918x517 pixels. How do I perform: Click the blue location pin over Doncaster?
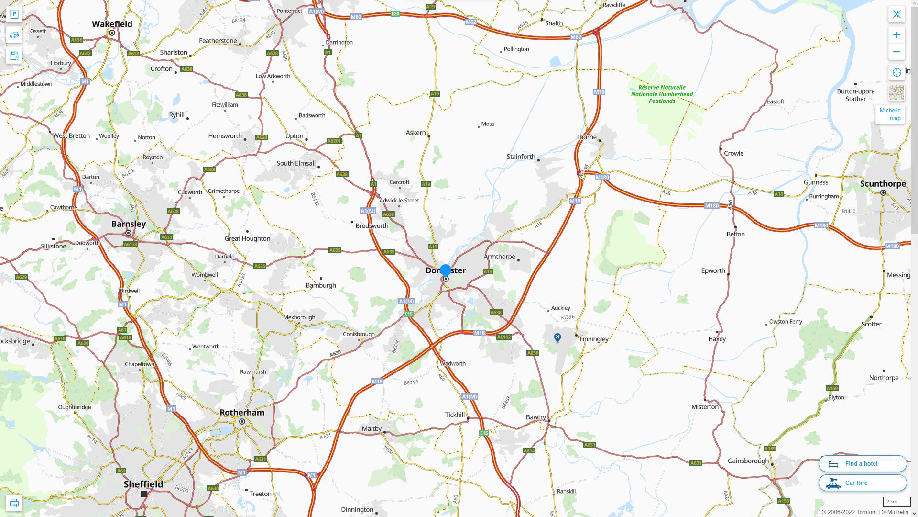[446, 271]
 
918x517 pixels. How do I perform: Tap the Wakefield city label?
[112, 24]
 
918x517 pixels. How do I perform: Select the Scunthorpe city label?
[883, 184]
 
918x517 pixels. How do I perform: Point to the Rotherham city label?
[242, 413]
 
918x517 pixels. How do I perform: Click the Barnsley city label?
[129, 224]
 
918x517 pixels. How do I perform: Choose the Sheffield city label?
[143, 484]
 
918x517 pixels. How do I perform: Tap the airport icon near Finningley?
[557, 338]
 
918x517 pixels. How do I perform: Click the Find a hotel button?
[862, 464]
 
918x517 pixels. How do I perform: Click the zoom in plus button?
[896, 35]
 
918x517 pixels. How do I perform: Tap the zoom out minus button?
[896, 52]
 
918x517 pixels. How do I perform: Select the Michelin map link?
[890, 114]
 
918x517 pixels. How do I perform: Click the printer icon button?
[14, 503]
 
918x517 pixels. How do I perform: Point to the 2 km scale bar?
[892, 502]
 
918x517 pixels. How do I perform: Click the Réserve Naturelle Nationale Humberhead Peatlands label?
[662, 94]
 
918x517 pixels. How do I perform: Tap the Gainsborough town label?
[748, 461]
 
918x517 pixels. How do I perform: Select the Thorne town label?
[586, 137]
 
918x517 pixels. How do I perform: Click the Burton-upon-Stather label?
[855, 95]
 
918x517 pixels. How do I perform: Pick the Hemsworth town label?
[225, 136]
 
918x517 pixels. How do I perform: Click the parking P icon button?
[14, 14]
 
